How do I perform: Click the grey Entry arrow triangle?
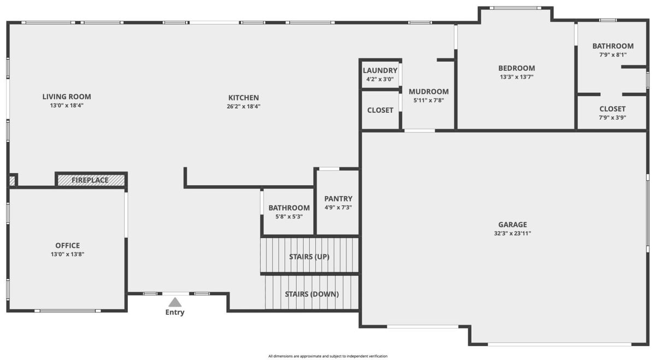pyautogui.click(x=175, y=302)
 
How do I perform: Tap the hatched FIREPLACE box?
pyautogui.click(x=91, y=180)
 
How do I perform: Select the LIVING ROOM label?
pyautogui.click(x=67, y=97)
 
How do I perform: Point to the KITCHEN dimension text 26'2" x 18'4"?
pyautogui.click(x=244, y=106)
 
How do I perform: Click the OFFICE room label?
pyautogui.click(x=68, y=245)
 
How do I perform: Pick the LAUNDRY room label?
pyautogui.click(x=380, y=70)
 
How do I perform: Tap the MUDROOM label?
pyautogui.click(x=429, y=92)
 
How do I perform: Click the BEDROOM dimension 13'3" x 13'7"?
pyautogui.click(x=517, y=77)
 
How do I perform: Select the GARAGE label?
pyautogui.click(x=513, y=225)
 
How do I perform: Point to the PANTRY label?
pyautogui.click(x=338, y=199)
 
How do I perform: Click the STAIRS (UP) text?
pyautogui.click(x=309, y=257)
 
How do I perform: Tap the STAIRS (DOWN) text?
pyautogui.click(x=312, y=294)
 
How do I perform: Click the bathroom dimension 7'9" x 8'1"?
pyautogui.click(x=613, y=55)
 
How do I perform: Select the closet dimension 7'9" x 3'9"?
pyautogui.click(x=612, y=117)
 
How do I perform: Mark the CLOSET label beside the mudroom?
pyautogui.click(x=380, y=110)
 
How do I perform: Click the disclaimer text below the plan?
pyautogui.click(x=328, y=356)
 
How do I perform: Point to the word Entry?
pyautogui.click(x=175, y=312)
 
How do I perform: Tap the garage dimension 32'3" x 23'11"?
pyautogui.click(x=513, y=234)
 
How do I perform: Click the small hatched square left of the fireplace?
pyautogui.click(x=12, y=181)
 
